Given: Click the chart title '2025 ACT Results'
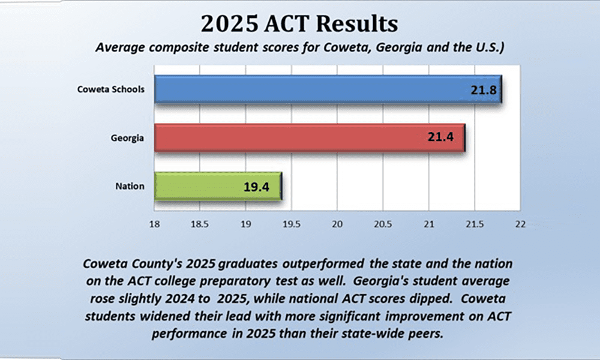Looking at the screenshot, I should tap(299, 25).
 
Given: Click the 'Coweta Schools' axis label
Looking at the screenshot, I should tap(111, 90).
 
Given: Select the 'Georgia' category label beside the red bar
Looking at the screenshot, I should tap(127, 138).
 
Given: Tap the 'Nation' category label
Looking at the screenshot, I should tap(130, 186).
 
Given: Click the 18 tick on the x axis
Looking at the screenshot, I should tap(154, 224).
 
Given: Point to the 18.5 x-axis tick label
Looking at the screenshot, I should tap(199, 224).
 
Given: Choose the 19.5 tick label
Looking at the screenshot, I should tap(291, 224).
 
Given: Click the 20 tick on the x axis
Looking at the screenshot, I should tap(337, 224).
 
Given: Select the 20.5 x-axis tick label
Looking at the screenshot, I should tap(382, 224).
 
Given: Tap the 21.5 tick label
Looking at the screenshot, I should tap(474, 224).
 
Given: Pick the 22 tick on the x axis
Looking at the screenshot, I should tap(520, 224).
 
